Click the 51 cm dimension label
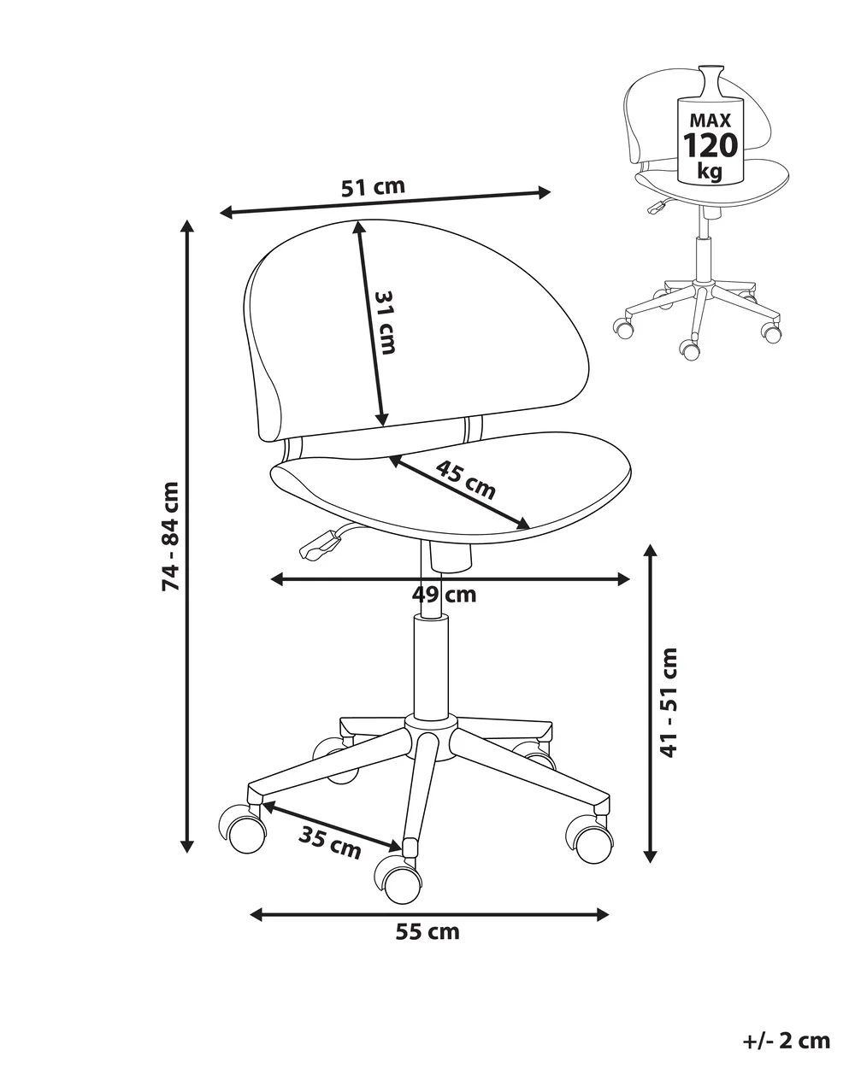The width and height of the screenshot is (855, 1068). coord(373,187)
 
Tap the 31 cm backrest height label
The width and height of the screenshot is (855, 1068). coord(385,322)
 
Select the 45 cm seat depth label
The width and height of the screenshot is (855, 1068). coord(465,480)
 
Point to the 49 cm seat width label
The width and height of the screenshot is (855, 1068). coord(444,594)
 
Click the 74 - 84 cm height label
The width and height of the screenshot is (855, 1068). coord(170,536)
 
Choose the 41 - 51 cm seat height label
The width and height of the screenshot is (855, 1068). coord(669,702)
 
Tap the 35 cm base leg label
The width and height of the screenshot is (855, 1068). coord(329,843)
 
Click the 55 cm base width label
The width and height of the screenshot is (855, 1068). coord(427,932)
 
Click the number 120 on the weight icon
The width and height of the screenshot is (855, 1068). coord(711,145)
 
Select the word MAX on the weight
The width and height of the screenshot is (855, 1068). coord(711,120)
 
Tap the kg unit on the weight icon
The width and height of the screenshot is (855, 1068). coord(710,171)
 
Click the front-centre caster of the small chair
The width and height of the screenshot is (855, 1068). coord(690,349)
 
